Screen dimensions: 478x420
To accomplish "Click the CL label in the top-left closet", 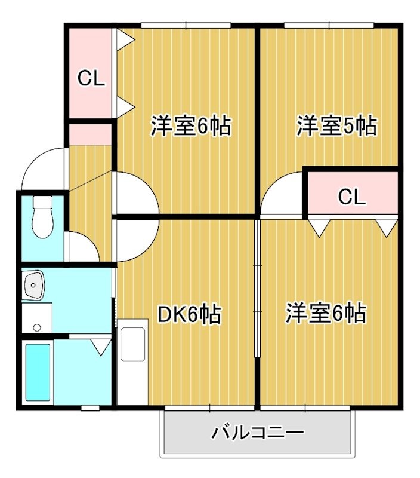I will (x=92, y=78).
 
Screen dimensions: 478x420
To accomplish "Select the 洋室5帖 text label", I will (x=336, y=127).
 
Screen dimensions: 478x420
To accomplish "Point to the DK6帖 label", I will (x=189, y=314).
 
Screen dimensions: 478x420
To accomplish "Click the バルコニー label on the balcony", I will (x=258, y=432).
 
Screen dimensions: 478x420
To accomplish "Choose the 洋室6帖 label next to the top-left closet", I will (x=190, y=127).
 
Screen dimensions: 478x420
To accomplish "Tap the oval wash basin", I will (x=33, y=286).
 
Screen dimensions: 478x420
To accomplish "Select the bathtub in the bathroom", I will (x=38, y=372).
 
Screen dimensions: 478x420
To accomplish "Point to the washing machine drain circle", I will (x=37, y=327).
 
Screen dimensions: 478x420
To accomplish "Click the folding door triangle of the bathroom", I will (x=101, y=346).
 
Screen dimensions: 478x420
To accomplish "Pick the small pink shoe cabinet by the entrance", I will (x=90, y=134).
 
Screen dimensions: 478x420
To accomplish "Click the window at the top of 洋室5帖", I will (x=329, y=25).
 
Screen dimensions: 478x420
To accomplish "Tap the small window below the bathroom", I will (x=90, y=408).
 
